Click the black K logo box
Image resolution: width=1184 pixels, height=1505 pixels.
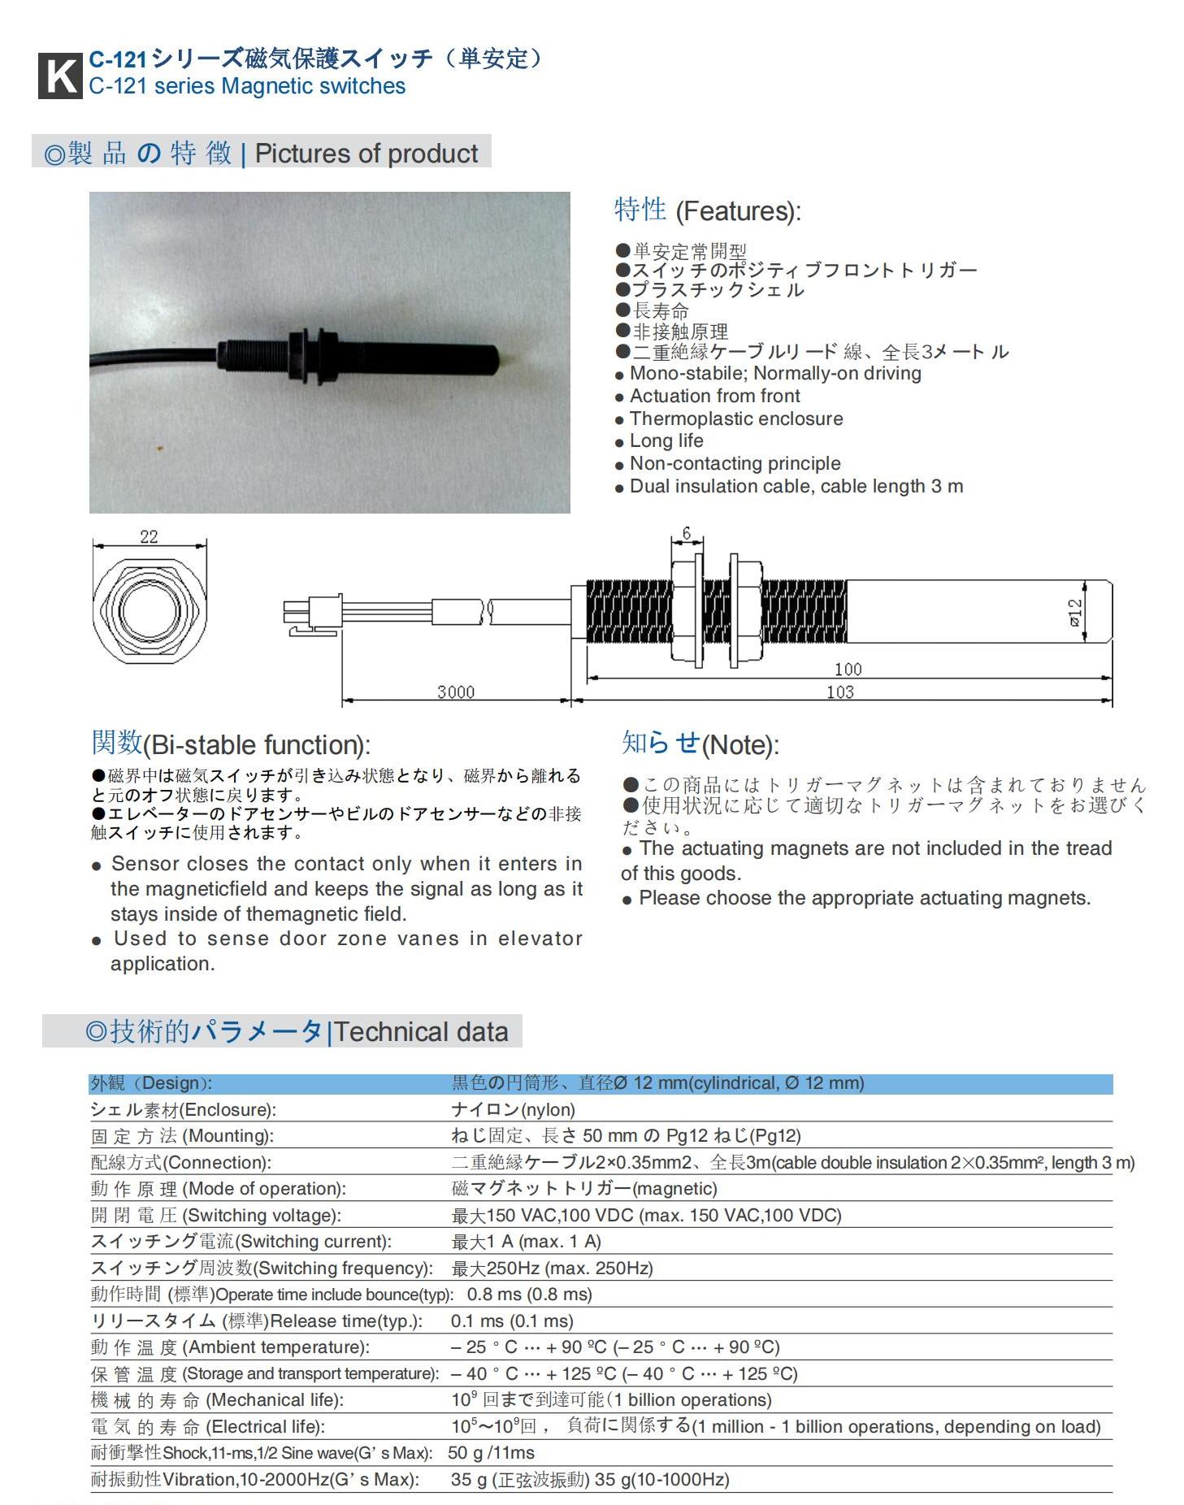(x=60, y=76)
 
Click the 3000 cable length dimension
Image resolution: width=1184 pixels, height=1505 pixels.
(x=455, y=692)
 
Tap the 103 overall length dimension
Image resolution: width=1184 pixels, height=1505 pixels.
(x=839, y=692)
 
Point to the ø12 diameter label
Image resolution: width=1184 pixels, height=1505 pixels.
(x=1074, y=613)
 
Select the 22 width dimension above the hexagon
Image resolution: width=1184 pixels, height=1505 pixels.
(x=149, y=536)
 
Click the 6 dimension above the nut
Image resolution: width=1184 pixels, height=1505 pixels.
(x=687, y=533)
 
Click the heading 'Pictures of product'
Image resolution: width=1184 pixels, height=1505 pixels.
(x=366, y=154)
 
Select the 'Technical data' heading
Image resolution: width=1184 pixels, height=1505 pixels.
(x=421, y=1032)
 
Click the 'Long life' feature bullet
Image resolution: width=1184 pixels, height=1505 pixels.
(x=666, y=440)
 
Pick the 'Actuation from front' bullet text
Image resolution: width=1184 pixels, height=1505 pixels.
(x=714, y=396)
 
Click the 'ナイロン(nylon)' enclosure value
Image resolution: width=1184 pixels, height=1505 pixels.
(x=513, y=1110)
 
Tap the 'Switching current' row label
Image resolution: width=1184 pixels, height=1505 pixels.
(x=241, y=1242)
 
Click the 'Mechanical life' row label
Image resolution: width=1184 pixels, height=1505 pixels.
(x=217, y=1400)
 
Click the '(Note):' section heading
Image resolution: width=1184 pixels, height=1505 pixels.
(x=739, y=745)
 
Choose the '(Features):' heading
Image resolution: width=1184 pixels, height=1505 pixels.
(x=738, y=211)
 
